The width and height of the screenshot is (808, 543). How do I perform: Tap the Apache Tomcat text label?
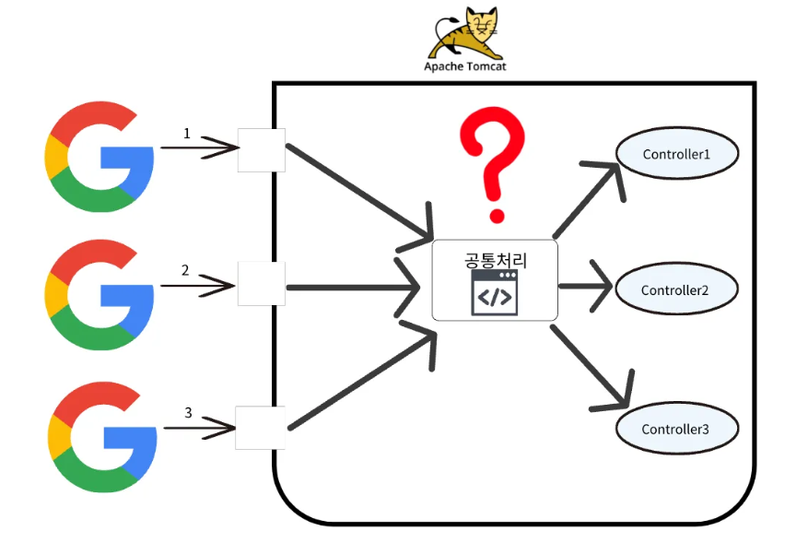(x=465, y=66)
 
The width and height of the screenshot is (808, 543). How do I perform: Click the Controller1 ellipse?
(x=676, y=154)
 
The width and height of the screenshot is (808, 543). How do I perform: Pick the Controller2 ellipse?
(x=676, y=290)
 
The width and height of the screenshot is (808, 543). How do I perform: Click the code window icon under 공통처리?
(x=494, y=294)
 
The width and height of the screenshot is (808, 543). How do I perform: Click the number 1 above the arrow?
(x=187, y=133)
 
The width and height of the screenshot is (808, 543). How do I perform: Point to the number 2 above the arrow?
(x=185, y=270)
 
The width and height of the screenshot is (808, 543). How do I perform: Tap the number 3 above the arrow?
(x=188, y=412)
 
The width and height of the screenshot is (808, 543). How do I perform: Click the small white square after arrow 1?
(x=262, y=149)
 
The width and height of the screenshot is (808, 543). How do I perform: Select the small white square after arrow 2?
(x=262, y=283)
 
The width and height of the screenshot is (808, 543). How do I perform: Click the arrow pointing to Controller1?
(x=590, y=198)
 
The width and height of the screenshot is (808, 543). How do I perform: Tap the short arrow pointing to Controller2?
(x=585, y=286)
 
